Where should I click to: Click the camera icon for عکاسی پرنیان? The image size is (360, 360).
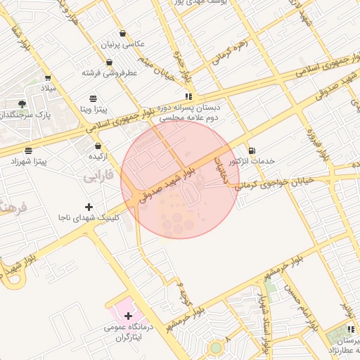click(123, 34)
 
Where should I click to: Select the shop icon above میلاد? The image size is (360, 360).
click(47, 78)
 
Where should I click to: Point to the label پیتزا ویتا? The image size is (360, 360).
click(92, 110)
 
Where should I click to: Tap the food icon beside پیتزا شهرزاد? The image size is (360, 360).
click(28, 150)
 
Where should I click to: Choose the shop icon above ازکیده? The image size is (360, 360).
click(98, 146)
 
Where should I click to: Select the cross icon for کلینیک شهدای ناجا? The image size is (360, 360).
click(89, 207)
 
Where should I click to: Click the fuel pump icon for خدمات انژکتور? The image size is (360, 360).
click(252, 150)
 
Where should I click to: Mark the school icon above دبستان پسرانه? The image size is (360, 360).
click(188, 96)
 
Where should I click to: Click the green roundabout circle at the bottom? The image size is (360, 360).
click(215, 347)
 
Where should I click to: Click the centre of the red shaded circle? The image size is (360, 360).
click(180, 179)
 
